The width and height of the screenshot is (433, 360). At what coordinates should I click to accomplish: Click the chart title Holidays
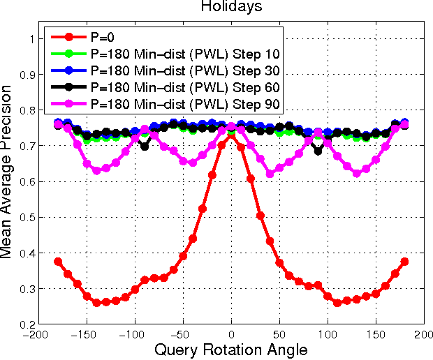point(232,7)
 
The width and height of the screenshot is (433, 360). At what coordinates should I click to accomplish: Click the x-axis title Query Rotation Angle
point(231,349)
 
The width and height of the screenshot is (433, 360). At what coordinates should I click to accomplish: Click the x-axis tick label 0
point(232,335)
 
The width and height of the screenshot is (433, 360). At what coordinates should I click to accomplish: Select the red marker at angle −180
point(58,262)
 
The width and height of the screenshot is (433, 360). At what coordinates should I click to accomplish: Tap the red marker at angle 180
point(405,262)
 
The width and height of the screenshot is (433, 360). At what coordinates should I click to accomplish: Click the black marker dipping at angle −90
point(145,147)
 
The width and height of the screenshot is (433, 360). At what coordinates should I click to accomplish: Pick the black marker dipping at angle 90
point(318,151)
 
